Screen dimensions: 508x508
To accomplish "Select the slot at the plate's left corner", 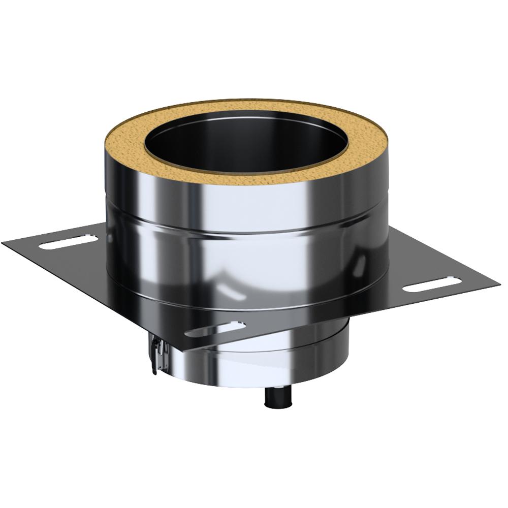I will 69,241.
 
